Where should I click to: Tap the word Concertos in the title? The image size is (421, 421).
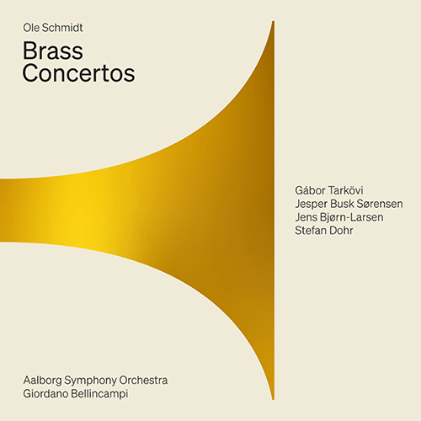[x=79, y=73]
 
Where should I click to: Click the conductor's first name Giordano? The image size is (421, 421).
[x=49, y=394]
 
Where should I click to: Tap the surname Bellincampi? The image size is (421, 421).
[x=113, y=394]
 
